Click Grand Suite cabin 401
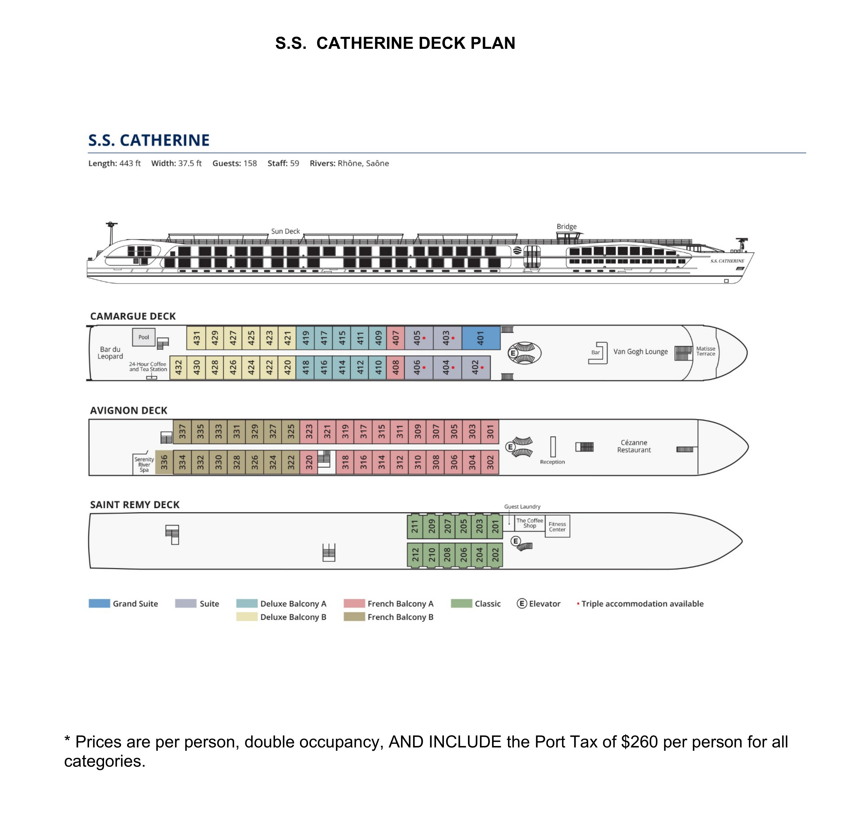pyautogui.click(x=480, y=338)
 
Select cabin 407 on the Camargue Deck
pyautogui.click(x=396, y=338)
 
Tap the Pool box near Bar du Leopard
pyautogui.click(x=144, y=337)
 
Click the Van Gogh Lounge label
pyautogui.click(x=640, y=351)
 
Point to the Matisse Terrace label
pyautogui.click(x=705, y=351)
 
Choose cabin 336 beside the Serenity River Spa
pyautogui.click(x=164, y=462)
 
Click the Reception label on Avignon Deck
pyautogui.click(x=552, y=462)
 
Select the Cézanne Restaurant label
pyautogui.click(x=634, y=446)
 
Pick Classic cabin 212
pyautogui.click(x=415, y=555)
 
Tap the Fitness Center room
pyautogui.click(x=557, y=526)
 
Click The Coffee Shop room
pyautogui.click(x=529, y=523)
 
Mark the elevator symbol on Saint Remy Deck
pyautogui.click(x=516, y=541)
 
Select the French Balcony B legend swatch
pyautogui.click(x=354, y=617)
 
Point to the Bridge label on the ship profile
pyautogui.click(x=566, y=227)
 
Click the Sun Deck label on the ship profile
pyautogui.click(x=285, y=231)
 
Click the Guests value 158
pyautogui.click(x=250, y=164)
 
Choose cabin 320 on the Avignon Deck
pyautogui.click(x=309, y=462)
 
